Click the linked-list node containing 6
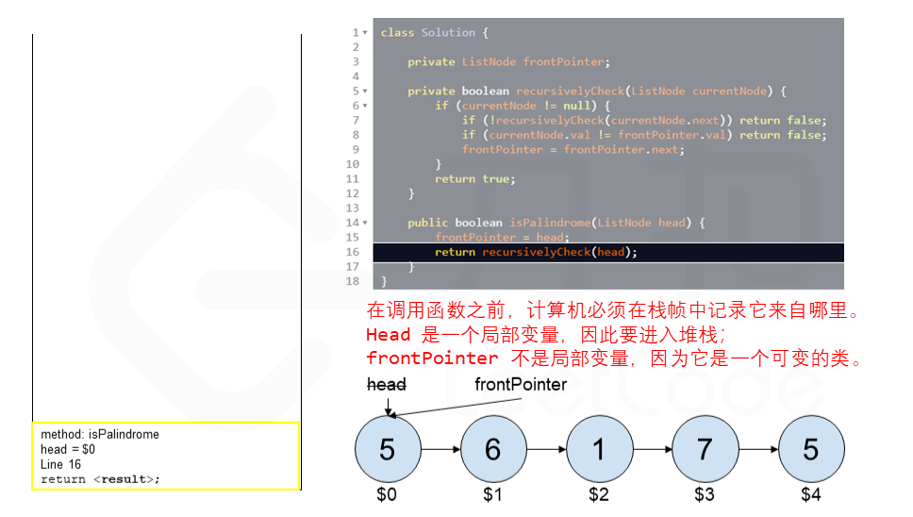pos(493,449)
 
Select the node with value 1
pos(599,449)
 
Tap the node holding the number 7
pos(705,449)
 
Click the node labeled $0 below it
pos(388,449)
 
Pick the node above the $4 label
pos(811,449)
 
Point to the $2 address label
pos(599,494)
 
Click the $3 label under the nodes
pos(705,494)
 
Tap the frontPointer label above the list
pos(521,384)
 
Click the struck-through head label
pos(387,384)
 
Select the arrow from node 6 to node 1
pos(546,449)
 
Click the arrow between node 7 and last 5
pos(758,449)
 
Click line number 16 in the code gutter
pos(352,252)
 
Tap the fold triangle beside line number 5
pos(365,92)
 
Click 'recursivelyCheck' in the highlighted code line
pos(537,252)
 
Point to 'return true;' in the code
pos(475,179)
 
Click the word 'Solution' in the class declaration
pos(448,33)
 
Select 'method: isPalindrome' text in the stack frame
pos(100,434)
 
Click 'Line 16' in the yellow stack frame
pos(60,464)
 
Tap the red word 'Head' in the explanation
pos(389,335)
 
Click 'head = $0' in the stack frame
pos(68,449)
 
